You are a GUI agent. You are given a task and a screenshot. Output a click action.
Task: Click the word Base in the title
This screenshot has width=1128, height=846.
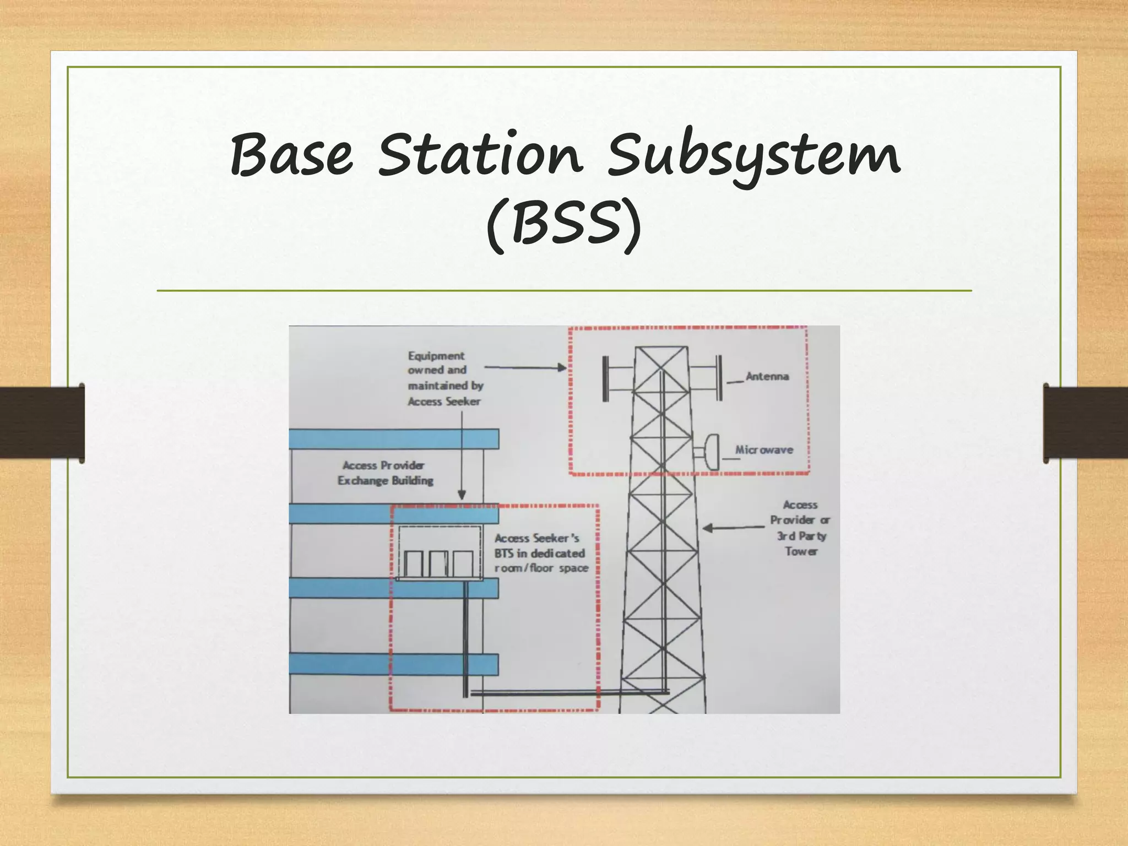pos(291,154)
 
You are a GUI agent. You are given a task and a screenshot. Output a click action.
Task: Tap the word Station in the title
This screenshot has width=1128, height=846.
pos(480,154)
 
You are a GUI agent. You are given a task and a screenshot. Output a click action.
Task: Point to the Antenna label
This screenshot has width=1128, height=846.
pos(767,377)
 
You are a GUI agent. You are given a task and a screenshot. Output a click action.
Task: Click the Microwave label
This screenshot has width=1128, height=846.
pos(764,450)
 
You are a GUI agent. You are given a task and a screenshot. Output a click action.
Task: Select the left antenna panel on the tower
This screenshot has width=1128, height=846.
pos(605,379)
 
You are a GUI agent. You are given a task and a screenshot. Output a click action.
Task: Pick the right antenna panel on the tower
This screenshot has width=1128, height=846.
pos(719,378)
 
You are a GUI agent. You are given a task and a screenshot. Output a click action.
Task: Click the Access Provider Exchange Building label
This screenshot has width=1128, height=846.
pos(385,473)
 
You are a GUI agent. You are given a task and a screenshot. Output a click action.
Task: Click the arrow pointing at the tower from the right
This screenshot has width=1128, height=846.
pos(733,528)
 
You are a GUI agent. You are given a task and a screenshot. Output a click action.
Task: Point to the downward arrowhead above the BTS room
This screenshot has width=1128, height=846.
pos(462,495)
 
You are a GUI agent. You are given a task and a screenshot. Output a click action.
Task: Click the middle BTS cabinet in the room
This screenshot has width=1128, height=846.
pos(438,563)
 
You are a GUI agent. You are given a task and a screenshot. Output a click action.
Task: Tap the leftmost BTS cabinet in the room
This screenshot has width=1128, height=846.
pos(414,563)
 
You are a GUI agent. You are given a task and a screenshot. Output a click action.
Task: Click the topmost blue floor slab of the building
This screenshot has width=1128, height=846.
pos(394,439)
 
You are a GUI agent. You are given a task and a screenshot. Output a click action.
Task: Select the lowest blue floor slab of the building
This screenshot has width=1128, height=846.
pos(394,664)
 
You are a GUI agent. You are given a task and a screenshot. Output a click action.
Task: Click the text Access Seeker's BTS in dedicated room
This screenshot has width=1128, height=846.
pos(540,553)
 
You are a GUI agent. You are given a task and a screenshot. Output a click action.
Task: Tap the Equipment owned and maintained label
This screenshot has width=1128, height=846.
pos(444,378)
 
